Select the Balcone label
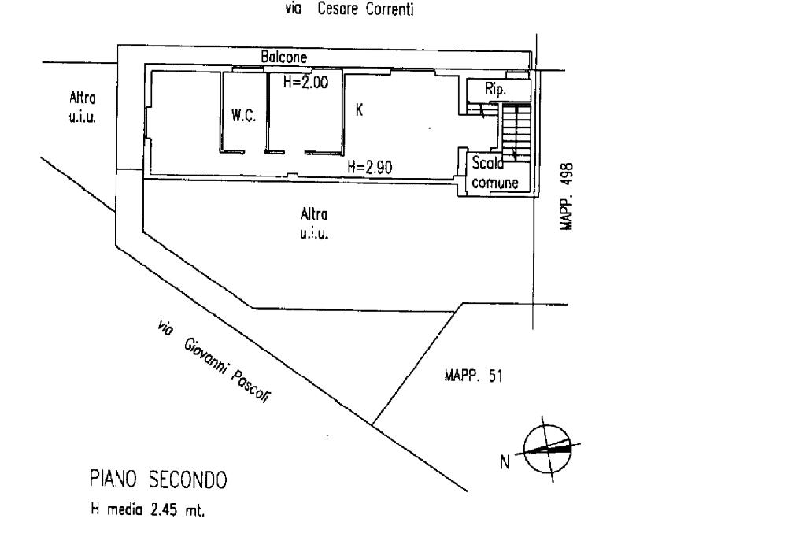point(283,57)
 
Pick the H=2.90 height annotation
point(370,166)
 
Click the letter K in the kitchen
point(359,110)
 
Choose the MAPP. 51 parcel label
point(469,376)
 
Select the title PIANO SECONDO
point(157,480)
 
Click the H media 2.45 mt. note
point(146,510)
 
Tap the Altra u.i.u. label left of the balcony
point(83,110)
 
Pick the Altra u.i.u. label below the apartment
point(314,223)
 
